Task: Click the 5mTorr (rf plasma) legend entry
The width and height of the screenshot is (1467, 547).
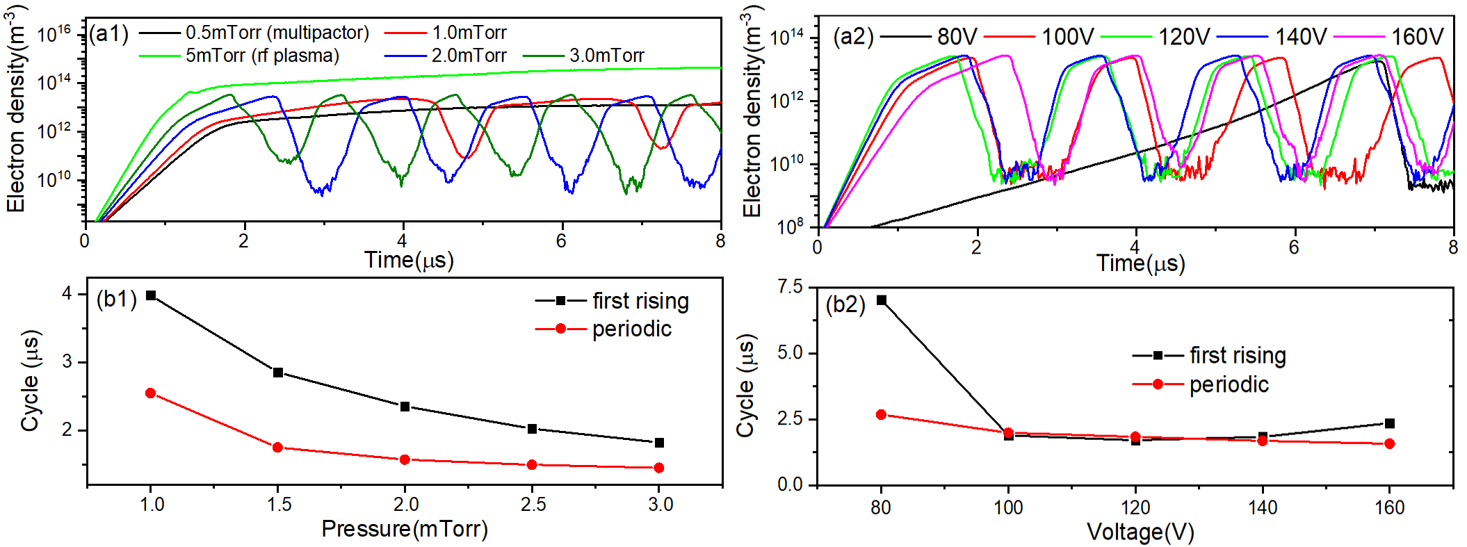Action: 262,56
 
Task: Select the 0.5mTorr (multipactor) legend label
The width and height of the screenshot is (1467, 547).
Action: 277,33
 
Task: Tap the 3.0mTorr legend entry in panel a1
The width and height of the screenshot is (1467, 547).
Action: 606,56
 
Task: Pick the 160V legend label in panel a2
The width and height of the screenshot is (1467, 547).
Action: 1417,36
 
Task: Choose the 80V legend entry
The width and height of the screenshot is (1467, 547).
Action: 957,36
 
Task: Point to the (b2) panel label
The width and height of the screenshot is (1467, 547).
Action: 845,304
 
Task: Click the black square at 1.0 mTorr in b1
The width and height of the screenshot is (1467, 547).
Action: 151,295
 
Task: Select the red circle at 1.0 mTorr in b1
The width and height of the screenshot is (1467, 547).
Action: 151,393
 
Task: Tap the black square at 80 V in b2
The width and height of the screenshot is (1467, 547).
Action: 882,300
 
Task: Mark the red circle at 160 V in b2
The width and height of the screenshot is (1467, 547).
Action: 1390,443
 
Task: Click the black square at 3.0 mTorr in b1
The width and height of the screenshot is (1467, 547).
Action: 660,443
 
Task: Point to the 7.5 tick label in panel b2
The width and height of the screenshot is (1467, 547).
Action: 789,287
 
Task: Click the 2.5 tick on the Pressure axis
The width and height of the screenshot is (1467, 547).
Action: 533,504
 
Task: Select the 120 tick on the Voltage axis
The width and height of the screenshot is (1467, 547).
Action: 1136,507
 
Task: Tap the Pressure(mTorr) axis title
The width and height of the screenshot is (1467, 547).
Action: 405,529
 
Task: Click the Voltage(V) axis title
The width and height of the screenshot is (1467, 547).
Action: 1140,532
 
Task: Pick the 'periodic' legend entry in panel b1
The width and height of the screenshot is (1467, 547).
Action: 631,329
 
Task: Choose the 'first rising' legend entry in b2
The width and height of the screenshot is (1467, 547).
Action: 1238,355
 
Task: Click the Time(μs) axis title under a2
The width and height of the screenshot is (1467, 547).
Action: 1140,263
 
